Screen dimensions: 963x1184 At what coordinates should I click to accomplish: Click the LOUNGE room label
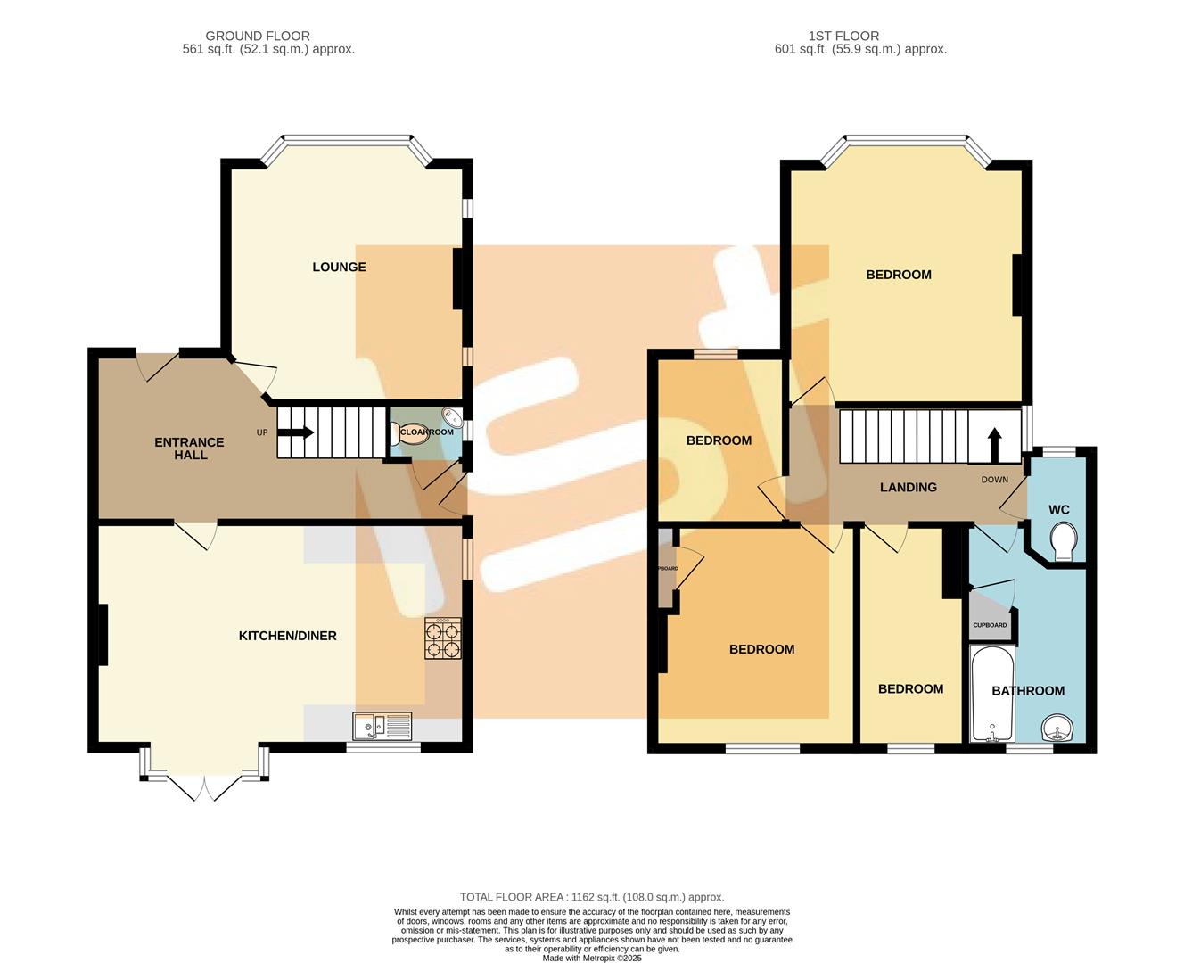click(x=339, y=267)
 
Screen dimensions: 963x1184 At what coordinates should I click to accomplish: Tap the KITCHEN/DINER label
click(x=287, y=636)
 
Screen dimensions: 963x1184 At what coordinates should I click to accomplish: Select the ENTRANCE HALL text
click(x=189, y=449)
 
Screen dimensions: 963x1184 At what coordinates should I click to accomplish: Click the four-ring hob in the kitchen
click(x=443, y=638)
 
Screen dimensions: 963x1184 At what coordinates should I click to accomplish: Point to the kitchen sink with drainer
click(x=382, y=727)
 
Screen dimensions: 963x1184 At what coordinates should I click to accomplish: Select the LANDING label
click(x=908, y=487)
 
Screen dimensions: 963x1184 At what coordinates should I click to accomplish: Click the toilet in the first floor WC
click(x=1064, y=541)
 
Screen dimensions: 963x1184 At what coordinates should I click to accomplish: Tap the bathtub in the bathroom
click(x=991, y=695)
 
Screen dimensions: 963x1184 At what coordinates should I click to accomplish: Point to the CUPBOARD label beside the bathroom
click(x=990, y=625)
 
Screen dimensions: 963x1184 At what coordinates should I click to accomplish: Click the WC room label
click(x=1058, y=510)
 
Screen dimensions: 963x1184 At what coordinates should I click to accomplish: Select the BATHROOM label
click(x=1028, y=690)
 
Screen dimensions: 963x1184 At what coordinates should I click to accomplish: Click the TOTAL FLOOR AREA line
click(x=591, y=897)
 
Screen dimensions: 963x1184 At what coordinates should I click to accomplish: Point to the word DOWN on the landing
click(x=994, y=480)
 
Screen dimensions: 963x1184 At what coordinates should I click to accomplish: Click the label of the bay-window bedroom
click(x=899, y=275)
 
